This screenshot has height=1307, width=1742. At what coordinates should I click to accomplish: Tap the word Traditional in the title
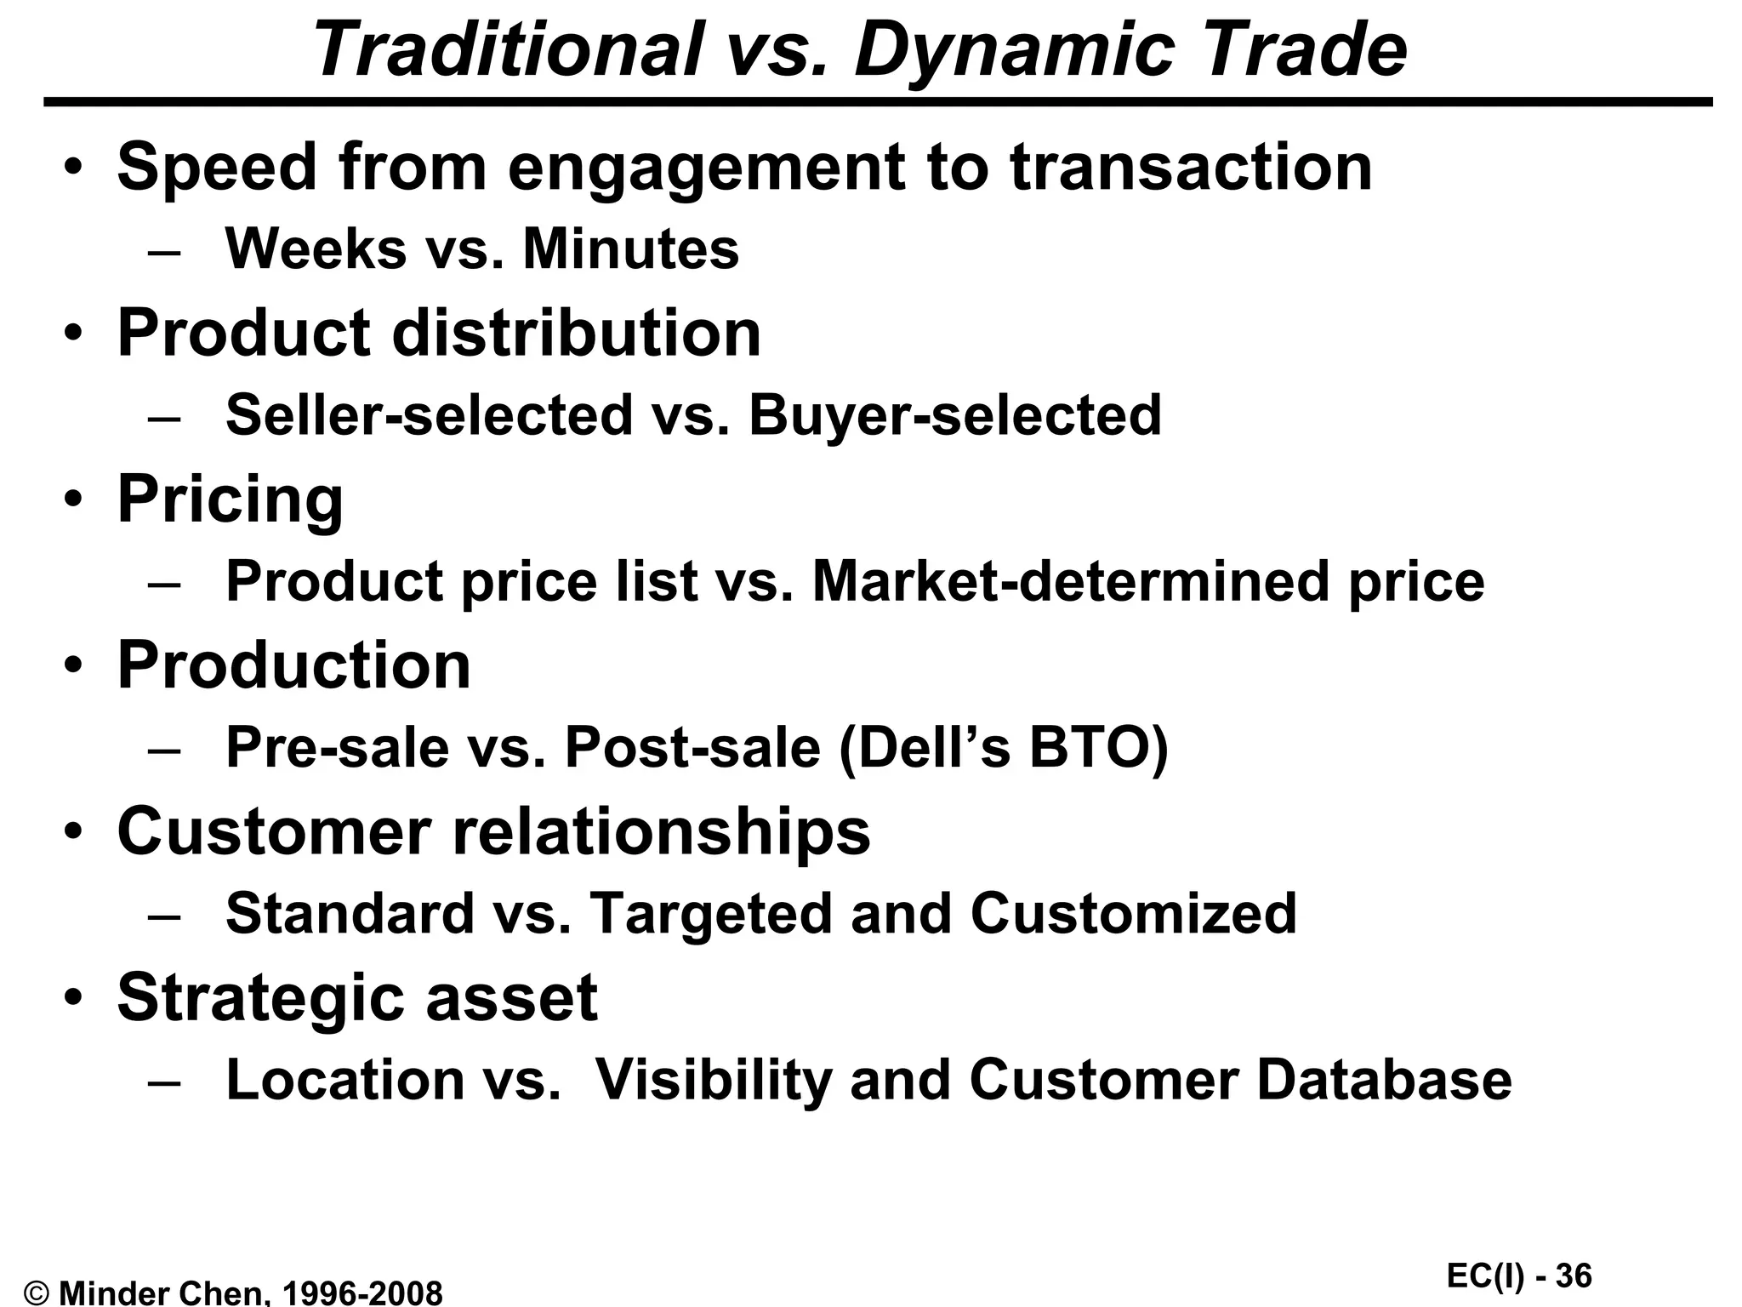point(507,51)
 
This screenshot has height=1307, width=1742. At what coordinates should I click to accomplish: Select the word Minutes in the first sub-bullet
point(630,249)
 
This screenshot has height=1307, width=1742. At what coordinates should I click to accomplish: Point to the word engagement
point(706,168)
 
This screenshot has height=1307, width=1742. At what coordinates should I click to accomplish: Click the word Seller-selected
point(430,415)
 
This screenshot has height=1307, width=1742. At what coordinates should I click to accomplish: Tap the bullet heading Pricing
point(230,500)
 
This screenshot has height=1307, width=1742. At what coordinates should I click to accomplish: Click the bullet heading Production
point(293,665)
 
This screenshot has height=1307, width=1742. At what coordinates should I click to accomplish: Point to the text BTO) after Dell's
point(1098,748)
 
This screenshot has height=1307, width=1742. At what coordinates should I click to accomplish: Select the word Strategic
point(260,998)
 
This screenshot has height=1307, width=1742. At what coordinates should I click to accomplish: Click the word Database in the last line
point(1384,1080)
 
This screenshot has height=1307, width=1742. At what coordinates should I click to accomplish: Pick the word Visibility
point(713,1080)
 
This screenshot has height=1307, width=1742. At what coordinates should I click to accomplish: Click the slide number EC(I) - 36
point(1518,1276)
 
